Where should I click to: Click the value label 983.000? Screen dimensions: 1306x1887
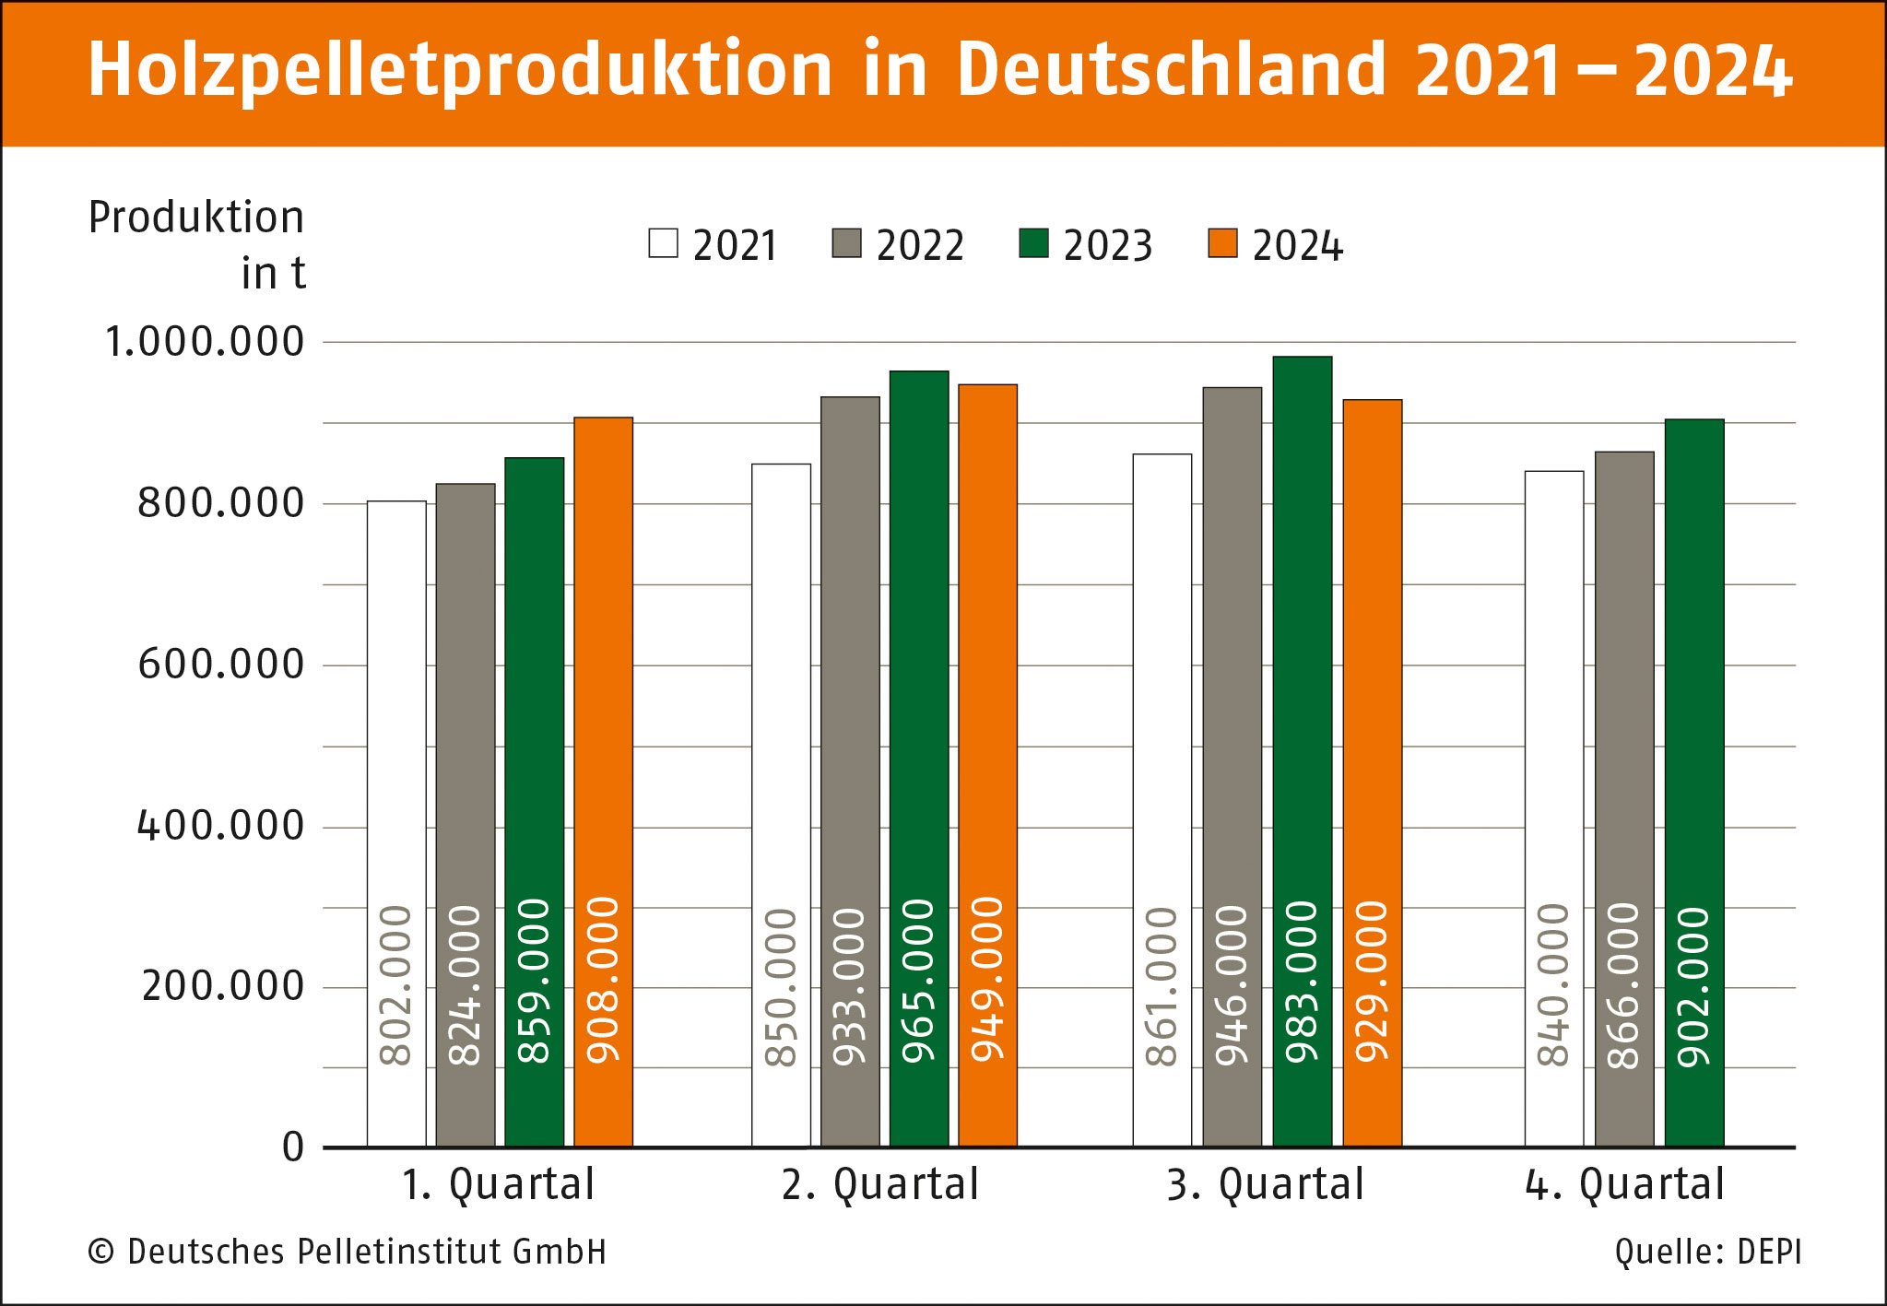point(1302,982)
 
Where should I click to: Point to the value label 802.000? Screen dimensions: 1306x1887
point(396,985)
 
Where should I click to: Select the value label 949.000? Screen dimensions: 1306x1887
point(987,979)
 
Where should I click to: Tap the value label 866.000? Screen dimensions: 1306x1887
point(1624,985)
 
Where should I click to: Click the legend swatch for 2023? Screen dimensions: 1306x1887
point(1033,243)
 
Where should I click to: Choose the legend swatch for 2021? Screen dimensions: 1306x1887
point(663,243)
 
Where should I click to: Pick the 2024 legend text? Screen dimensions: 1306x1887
point(1297,246)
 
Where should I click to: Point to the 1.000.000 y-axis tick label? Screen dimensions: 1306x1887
point(205,342)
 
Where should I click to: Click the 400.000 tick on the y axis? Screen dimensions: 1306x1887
point(220,826)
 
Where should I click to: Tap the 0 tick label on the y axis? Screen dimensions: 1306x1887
point(293,1147)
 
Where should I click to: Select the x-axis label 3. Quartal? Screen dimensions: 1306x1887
point(1265,1185)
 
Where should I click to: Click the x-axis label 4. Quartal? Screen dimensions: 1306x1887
point(1624,1185)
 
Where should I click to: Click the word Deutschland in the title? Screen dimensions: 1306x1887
point(1171,70)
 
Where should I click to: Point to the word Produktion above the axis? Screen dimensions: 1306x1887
point(196,218)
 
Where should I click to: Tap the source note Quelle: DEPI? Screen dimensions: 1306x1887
point(1707,1253)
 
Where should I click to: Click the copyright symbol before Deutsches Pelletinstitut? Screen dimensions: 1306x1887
point(100,1253)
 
